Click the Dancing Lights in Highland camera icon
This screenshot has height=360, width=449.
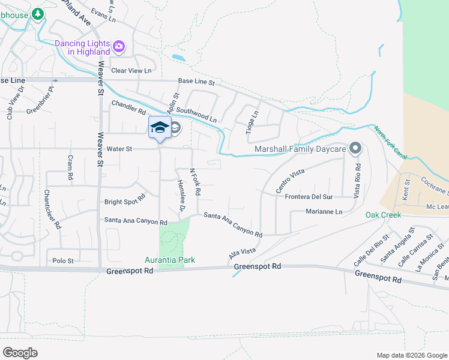click(x=119, y=46)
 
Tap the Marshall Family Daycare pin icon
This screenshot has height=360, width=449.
click(x=355, y=148)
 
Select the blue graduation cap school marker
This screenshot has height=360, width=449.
click(x=160, y=127)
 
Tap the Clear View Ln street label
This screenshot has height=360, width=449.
click(x=131, y=70)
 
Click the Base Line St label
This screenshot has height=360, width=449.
click(x=196, y=82)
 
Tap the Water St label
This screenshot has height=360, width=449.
click(x=119, y=148)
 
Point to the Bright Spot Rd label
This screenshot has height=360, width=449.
click(x=125, y=199)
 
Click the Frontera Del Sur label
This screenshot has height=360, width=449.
click(x=309, y=197)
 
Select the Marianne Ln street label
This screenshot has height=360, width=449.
click(x=323, y=212)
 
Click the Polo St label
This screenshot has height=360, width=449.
click(x=63, y=261)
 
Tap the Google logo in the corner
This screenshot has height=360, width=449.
click(x=20, y=353)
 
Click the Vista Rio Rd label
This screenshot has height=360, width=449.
click(x=357, y=173)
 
